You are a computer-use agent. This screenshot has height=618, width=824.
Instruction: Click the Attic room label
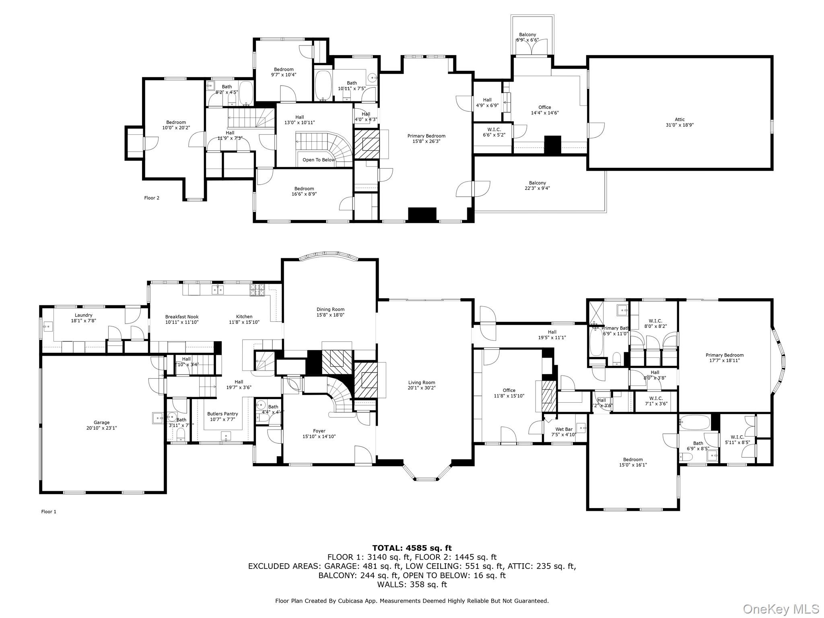pos(680,119)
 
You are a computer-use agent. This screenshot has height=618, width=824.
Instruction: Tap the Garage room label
pos(101,422)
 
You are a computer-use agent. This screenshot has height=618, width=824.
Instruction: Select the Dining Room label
pos(330,309)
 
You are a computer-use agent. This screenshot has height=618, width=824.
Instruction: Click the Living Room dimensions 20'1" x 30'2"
pos(422,388)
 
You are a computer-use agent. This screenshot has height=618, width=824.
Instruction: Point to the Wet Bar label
pos(564,429)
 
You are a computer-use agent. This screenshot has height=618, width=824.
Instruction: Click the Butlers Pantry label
pos(222,414)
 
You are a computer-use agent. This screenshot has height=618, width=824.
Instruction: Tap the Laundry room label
pos(83,315)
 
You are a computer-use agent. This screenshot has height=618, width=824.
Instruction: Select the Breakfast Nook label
pos(182,317)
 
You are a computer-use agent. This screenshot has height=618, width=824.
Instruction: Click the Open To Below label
pos(319,160)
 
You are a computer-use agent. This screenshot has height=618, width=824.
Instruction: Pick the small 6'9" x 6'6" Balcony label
pos(527,35)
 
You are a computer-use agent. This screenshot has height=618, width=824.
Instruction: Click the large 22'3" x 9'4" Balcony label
pos(537,183)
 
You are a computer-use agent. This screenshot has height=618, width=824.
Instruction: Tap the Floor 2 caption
pos(152,198)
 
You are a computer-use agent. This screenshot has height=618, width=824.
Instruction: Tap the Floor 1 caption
pos(49,512)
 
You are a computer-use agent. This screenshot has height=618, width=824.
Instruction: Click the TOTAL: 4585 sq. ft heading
pos(412,548)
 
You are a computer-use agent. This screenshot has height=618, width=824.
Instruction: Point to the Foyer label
pos(319,431)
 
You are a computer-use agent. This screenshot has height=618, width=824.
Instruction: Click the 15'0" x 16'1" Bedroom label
pos(633,459)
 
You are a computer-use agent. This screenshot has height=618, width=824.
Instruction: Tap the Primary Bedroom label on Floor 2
pos(426,136)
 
